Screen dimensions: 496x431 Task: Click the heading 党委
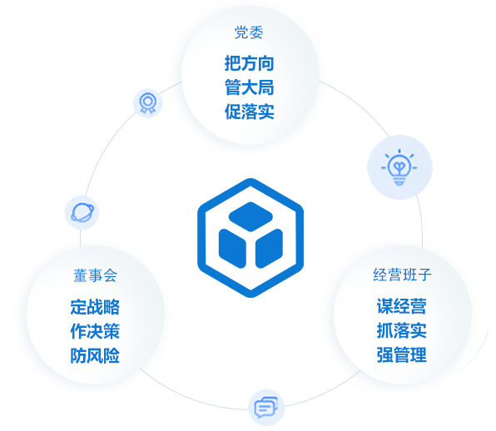pos(249,32)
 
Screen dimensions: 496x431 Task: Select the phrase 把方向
pos(250,63)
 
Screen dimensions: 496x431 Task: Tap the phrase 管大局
pos(250,87)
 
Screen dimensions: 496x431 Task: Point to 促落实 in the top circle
pos(250,111)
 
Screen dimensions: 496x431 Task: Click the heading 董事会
pos(95,275)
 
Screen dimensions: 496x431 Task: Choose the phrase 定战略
pos(95,307)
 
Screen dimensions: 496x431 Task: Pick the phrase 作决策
pos(95,331)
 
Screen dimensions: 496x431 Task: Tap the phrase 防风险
pos(95,355)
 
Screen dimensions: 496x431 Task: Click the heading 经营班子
pos(402,275)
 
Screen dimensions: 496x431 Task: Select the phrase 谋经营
pos(402,306)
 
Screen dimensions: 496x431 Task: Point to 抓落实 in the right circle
pos(402,330)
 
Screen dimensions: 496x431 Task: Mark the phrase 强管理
pos(402,354)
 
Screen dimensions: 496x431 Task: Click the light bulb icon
pos(399,167)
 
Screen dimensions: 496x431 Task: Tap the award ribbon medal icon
pos(148,103)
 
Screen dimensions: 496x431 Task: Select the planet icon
pos(82,212)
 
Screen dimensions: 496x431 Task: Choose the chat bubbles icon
pos(266,407)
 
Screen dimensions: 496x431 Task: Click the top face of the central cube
pos(250,216)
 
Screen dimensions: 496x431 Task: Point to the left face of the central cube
pos(232,249)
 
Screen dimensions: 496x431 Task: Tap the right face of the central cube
pos(269,249)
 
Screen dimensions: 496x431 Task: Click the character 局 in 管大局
pos(266,87)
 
